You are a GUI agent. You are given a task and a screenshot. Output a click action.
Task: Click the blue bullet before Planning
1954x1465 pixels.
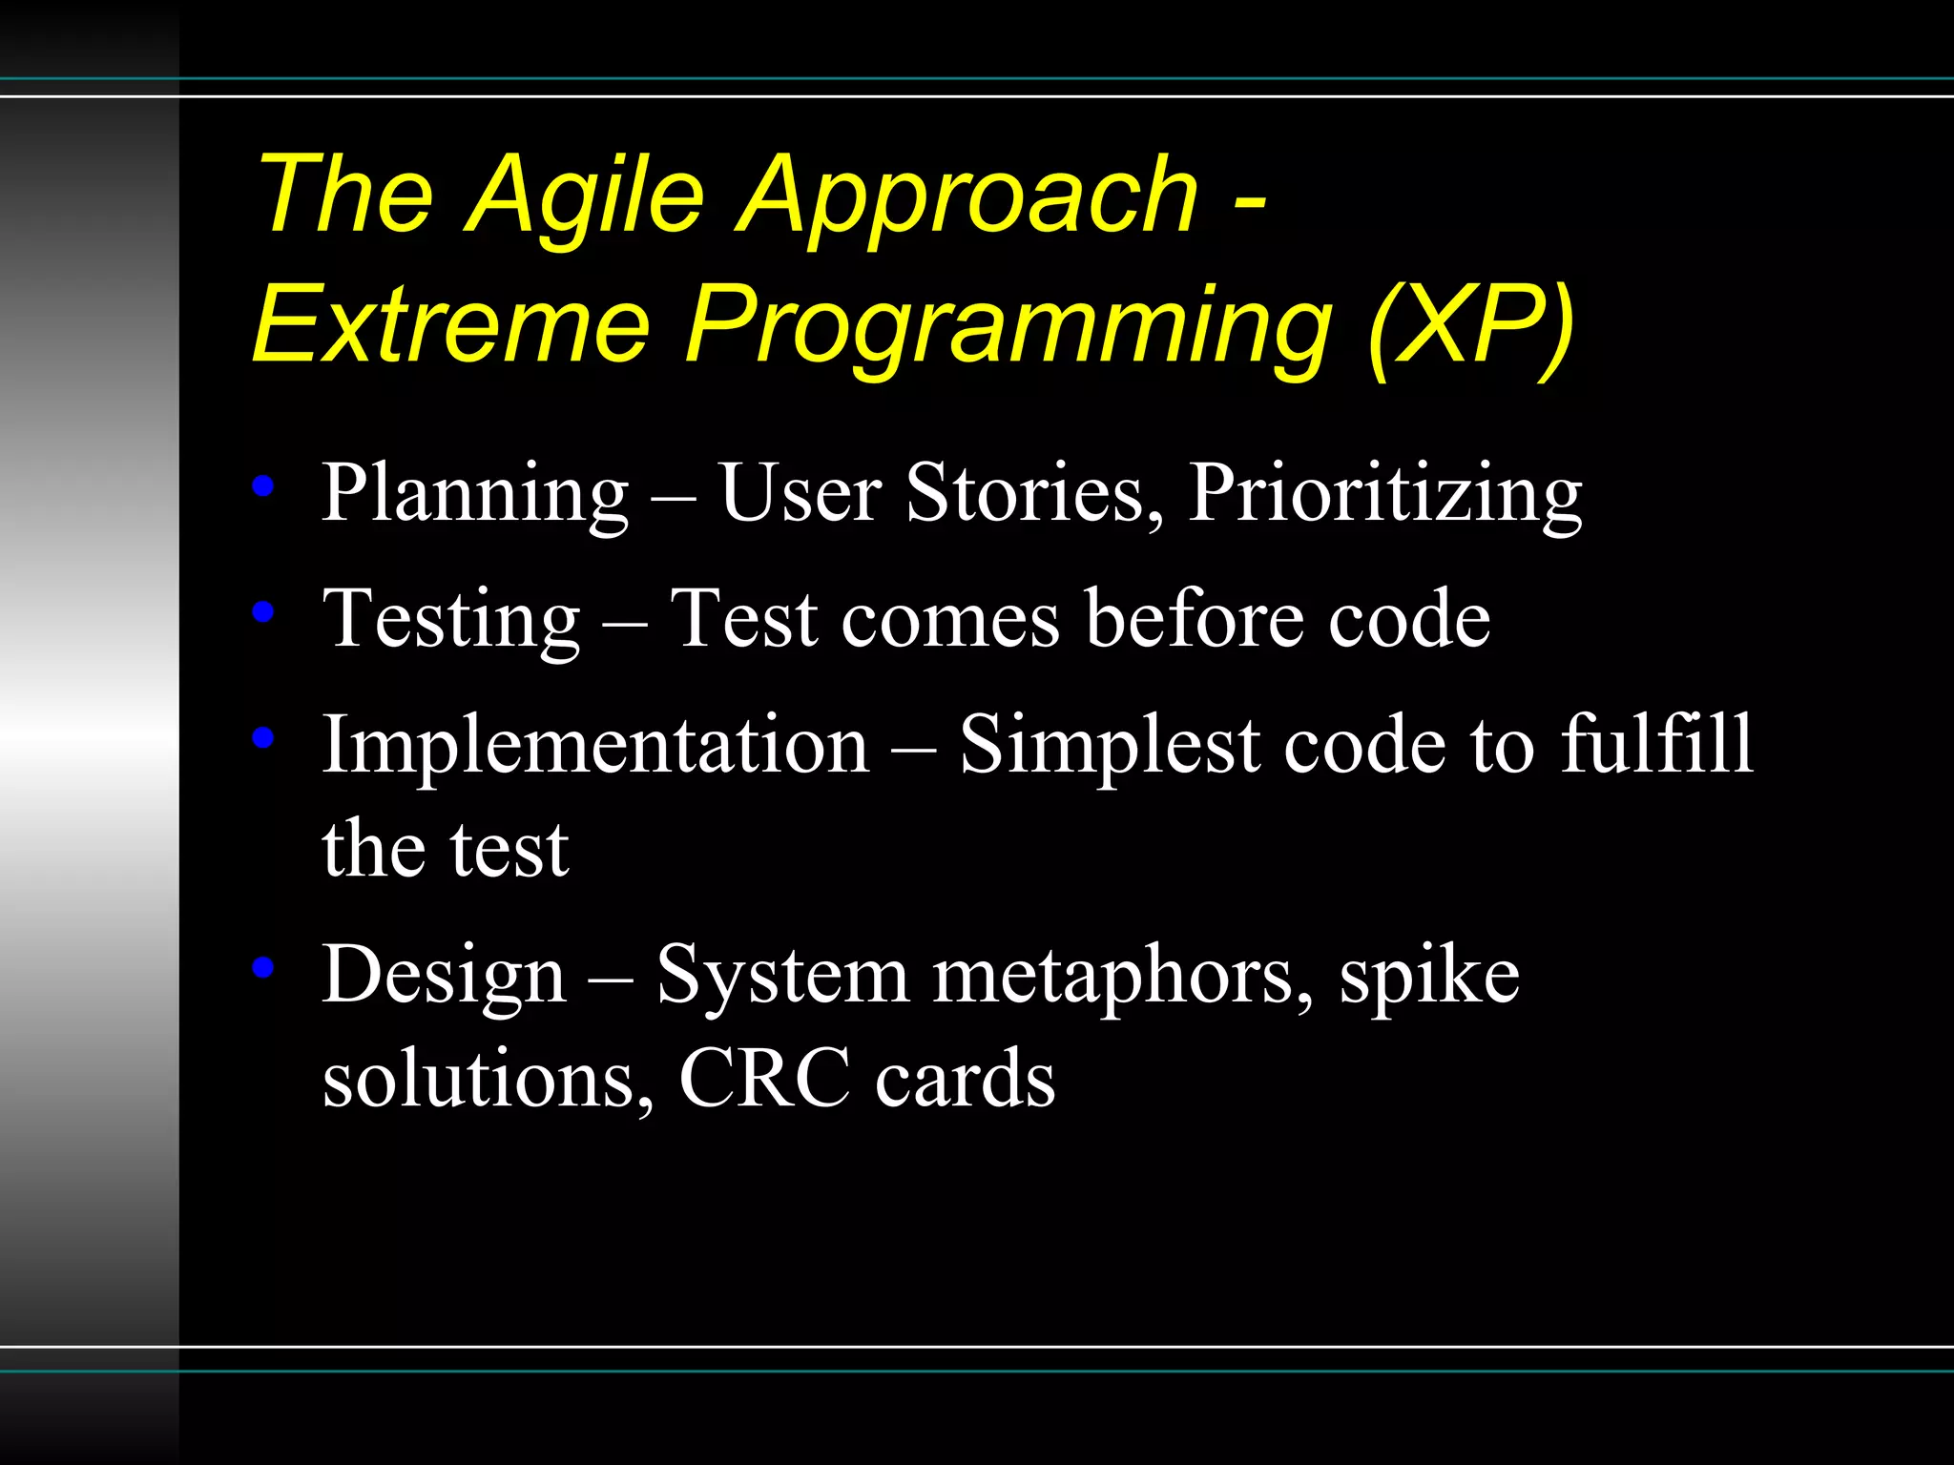tap(263, 486)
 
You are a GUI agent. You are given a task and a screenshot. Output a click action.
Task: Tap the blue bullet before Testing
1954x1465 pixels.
tap(263, 611)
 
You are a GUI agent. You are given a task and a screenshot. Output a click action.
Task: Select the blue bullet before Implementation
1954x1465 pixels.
tap(263, 736)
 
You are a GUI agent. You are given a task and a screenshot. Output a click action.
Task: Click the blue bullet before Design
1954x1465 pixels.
tap(263, 967)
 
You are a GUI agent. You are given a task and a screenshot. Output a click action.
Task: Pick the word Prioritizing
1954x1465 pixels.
tap(1384, 494)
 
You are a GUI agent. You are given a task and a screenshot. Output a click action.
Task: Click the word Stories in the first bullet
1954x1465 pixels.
tap(1034, 494)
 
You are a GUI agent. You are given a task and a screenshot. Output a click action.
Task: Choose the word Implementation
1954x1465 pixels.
tap(595, 745)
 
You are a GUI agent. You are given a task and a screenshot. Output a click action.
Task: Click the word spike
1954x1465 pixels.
tap(1428, 979)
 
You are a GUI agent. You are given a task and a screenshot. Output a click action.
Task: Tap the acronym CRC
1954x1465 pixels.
tap(764, 1079)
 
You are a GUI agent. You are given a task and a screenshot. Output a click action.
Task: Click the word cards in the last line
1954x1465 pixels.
tap(965, 1079)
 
